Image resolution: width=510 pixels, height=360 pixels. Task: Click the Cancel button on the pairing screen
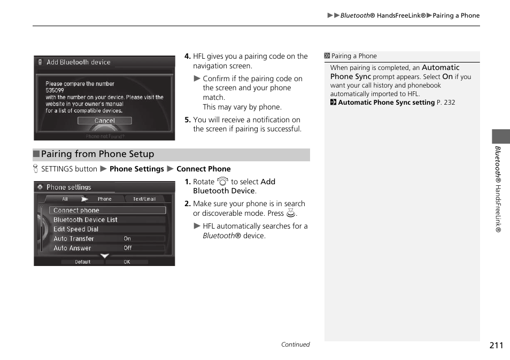pos(105,121)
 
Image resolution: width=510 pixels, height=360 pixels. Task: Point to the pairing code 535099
pos(55,91)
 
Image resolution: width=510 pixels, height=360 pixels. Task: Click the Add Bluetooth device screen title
pos(79,62)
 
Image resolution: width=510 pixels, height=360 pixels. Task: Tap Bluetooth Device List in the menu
pos(86,220)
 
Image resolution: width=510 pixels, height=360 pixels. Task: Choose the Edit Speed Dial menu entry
pos(76,229)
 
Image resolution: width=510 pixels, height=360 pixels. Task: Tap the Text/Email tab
pos(144,199)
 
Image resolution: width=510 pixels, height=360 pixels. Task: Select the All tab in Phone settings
pos(65,199)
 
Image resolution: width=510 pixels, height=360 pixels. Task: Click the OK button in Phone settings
pos(127,262)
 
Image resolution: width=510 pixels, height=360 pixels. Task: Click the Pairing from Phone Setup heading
pos(98,154)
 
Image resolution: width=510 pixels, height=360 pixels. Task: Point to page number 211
pos(496,345)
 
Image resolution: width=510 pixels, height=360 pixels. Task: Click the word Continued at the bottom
pos(295,345)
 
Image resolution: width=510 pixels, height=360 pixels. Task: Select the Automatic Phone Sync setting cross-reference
pos(386,103)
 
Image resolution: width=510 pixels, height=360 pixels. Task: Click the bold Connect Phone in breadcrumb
pos(204,169)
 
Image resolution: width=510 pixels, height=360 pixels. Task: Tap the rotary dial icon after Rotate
pos(222,182)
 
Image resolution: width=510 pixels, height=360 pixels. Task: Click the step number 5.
pos(187,120)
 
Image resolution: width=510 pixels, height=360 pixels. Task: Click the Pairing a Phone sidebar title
pos(353,56)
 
